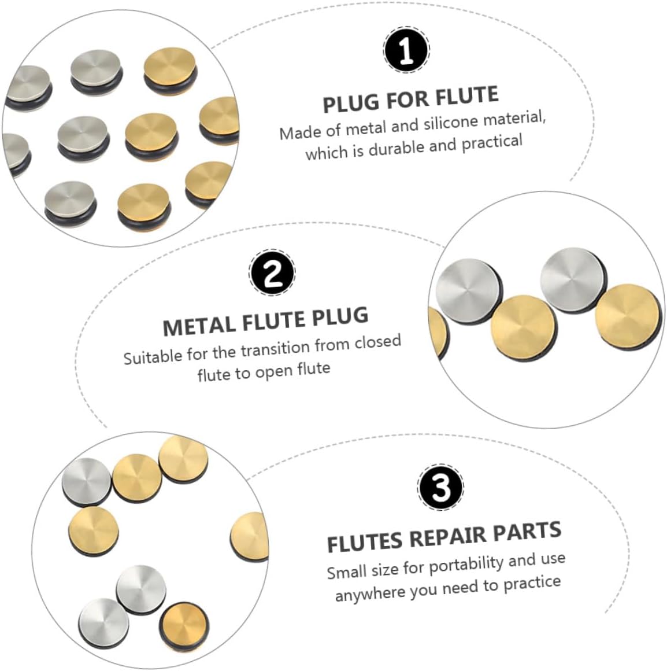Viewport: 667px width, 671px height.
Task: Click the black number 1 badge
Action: click(406, 51)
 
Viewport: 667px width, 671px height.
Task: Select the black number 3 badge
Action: click(440, 488)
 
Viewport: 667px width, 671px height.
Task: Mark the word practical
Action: click(491, 142)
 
